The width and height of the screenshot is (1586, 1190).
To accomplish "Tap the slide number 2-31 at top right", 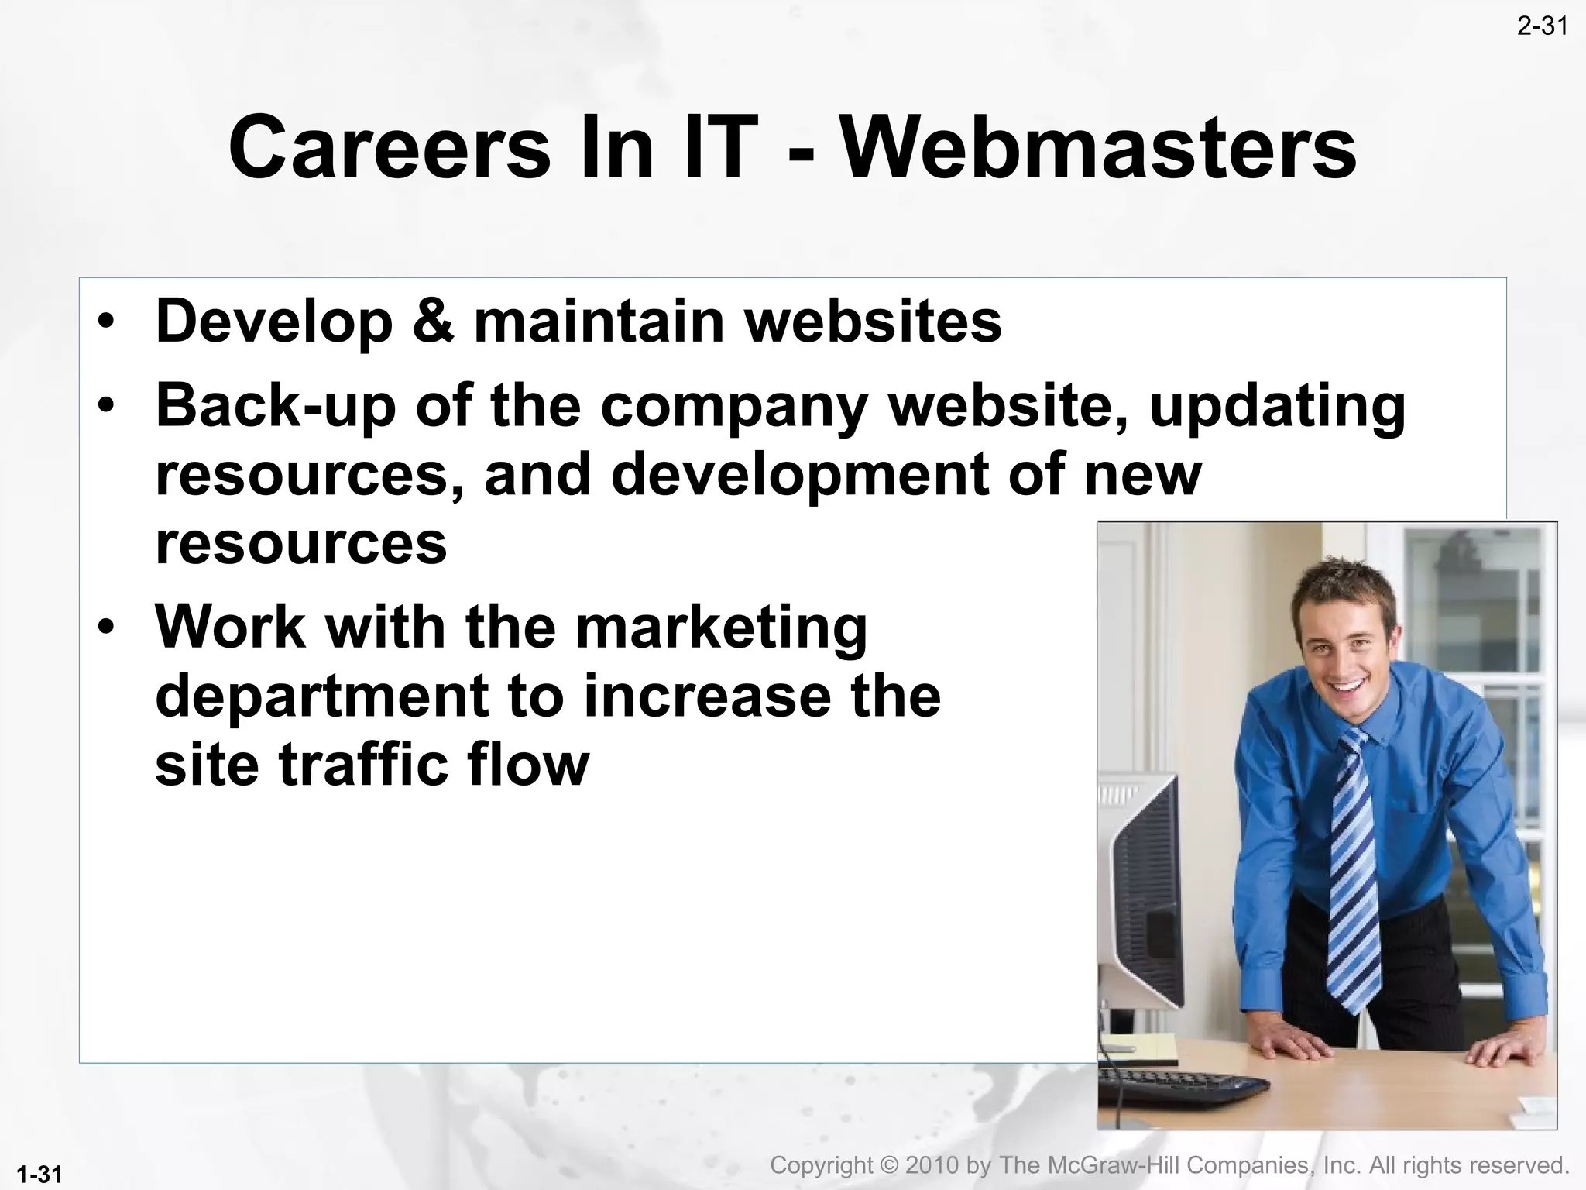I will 1542,27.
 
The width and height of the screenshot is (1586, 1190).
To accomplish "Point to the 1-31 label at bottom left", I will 39,1175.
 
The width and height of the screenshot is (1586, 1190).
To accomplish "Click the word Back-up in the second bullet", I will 276,406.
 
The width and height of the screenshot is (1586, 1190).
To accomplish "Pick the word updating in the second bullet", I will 1277,408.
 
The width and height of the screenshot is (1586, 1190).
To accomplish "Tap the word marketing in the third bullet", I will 721,628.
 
